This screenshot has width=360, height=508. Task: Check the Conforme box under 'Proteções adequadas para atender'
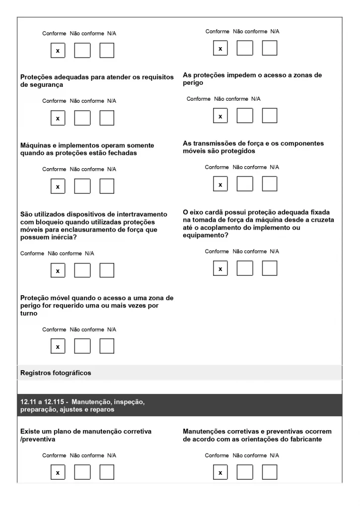pyautogui.click(x=58, y=118)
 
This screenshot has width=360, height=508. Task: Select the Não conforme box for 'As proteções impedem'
pyautogui.click(x=245, y=116)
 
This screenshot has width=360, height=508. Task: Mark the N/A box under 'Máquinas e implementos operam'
pyautogui.click(x=107, y=186)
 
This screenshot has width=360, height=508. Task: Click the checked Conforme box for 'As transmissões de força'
pyautogui.click(x=220, y=184)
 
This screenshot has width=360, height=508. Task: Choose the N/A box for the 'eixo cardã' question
pyautogui.click(x=270, y=268)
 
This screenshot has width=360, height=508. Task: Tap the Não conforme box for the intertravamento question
pyautogui.click(x=82, y=270)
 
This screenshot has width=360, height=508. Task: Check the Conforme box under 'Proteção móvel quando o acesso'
pyautogui.click(x=58, y=346)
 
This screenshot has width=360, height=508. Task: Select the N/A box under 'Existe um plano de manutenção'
pyautogui.click(x=107, y=473)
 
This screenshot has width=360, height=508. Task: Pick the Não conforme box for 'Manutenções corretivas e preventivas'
pyautogui.click(x=245, y=473)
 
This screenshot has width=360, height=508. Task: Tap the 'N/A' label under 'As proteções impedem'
pyautogui.click(x=256, y=99)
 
